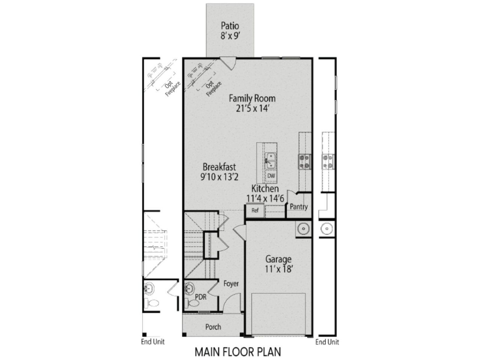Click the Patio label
tap(230, 26)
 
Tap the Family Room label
tap(252, 99)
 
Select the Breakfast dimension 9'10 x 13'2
tap(219, 177)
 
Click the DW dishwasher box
tap(271, 175)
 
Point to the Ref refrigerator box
tap(255, 211)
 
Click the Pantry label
tap(299, 207)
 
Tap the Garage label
tap(278, 259)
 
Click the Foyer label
tap(231, 284)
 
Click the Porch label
tap(213, 327)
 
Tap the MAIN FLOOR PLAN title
tap(238, 352)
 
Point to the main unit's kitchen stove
tap(304, 161)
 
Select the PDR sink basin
tap(190, 289)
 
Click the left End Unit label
tap(153, 342)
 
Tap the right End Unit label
tap(327, 342)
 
